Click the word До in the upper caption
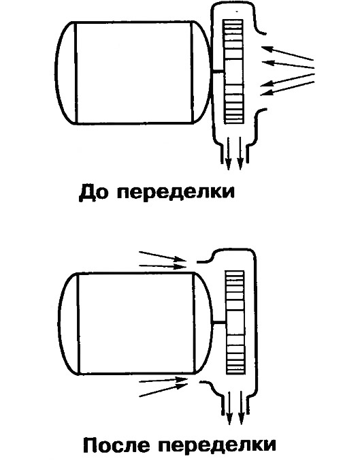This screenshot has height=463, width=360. coord(93,192)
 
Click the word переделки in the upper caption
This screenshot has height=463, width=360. coord(176,192)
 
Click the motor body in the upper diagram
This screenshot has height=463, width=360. coord(133,73)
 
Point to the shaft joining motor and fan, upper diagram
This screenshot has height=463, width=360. coord(218,71)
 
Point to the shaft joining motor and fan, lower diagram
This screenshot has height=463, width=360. coord(219,323)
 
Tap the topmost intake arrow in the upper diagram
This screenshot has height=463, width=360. coord(287,52)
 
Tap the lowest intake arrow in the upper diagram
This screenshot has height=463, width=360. coord(287,88)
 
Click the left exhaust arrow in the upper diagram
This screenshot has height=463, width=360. coord(228,153)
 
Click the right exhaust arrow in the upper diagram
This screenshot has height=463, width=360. coord(240,153)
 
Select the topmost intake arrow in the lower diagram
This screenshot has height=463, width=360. coord(163,256)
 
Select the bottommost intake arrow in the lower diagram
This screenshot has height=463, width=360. coord(163,389)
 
